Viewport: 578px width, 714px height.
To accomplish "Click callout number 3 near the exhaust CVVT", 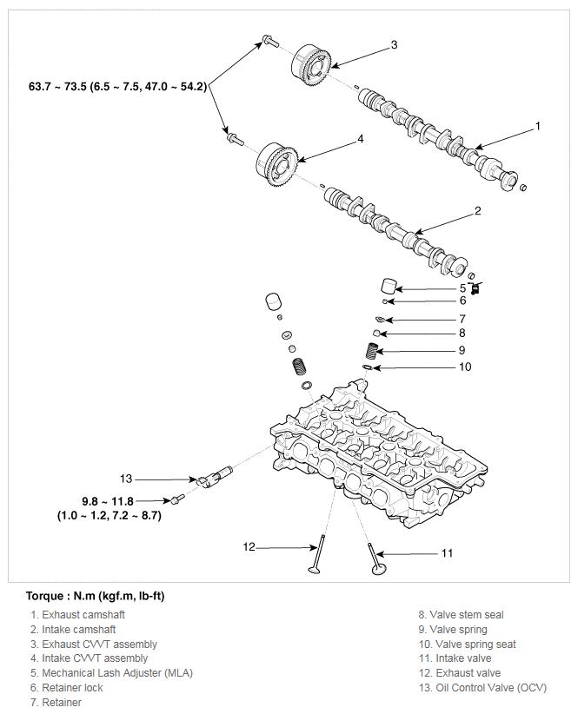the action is pos(394,44).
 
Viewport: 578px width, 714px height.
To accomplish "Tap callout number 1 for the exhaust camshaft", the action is pos(537,126).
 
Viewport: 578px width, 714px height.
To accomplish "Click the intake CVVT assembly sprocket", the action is pos(276,165).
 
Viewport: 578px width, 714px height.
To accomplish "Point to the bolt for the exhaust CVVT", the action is pos(269,41).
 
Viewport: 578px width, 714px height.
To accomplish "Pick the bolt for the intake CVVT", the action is pos(236,139).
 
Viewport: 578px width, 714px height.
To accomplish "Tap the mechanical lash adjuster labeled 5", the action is pos(389,286).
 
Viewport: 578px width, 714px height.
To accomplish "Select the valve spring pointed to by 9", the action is pos(373,352).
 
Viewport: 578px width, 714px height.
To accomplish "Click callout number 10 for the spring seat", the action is pos(465,367).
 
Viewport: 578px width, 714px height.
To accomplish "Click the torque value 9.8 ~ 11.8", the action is pos(108,501).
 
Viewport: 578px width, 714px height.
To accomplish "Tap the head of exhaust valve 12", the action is pos(315,569).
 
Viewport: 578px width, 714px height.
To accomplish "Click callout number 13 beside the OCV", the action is pos(126,479).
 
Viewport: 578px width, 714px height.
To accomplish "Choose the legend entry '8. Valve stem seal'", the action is pos(461,615).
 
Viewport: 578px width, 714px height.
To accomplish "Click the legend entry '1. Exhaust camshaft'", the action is pos(77,615).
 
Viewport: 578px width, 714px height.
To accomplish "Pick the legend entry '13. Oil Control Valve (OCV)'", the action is pos(482,688).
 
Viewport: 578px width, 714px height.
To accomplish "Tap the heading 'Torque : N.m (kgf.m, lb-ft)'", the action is pos(96,596).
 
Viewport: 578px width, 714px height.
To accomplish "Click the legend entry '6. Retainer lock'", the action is pos(67,688).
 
